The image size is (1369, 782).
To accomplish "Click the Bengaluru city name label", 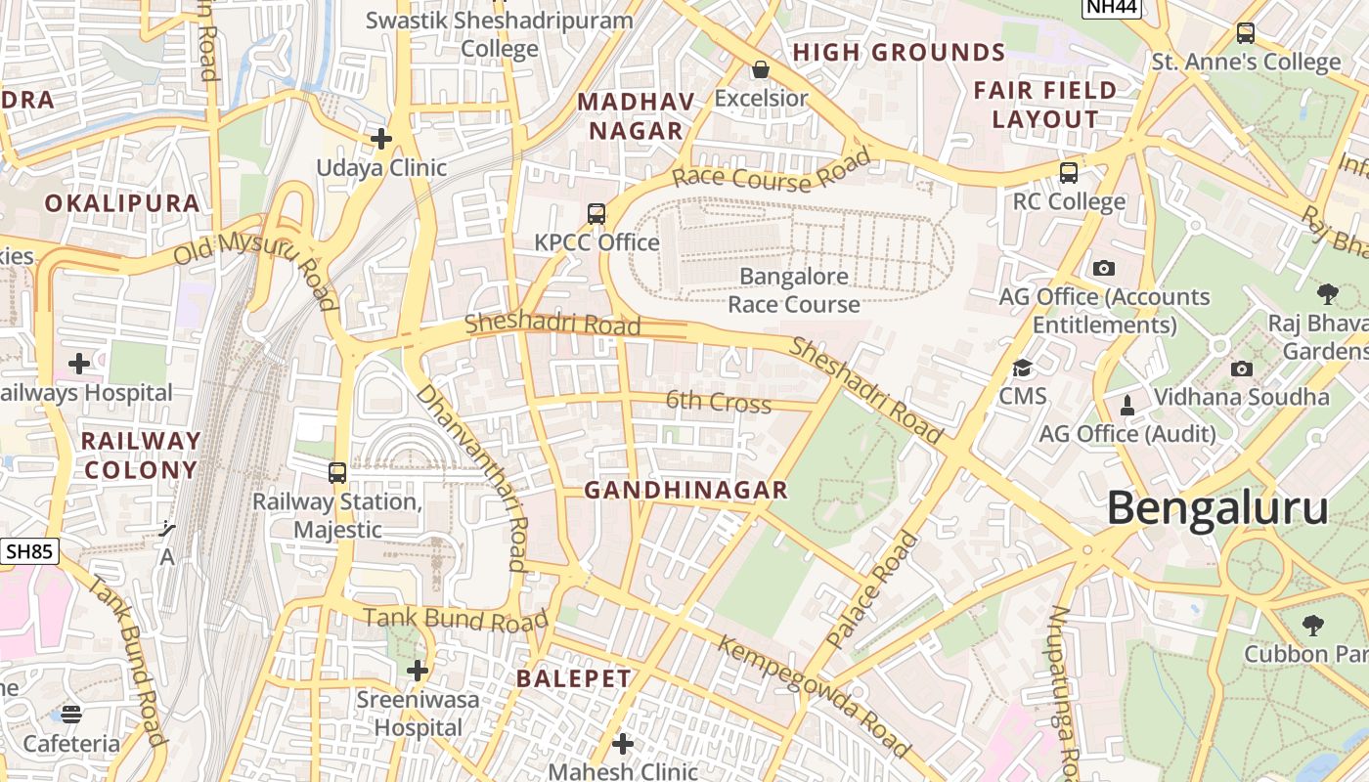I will (x=1217, y=509).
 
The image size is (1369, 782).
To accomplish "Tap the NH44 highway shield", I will (x=1111, y=7).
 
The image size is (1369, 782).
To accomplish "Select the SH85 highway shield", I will (x=28, y=551).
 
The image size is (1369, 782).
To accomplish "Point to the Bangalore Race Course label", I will (x=794, y=290).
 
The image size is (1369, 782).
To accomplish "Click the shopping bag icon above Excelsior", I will (x=760, y=69).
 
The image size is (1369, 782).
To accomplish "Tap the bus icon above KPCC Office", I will (x=596, y=214).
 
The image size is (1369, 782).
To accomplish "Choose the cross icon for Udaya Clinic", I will (x=381, y=139).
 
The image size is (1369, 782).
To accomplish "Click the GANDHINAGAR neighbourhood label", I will (x=685, y=491).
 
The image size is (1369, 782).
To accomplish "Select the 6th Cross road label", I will (x=719, y=401).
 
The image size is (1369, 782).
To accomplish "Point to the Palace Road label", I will (x=873, y=590).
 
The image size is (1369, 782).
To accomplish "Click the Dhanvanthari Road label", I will (x=473, y=476).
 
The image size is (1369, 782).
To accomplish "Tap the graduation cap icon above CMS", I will (x=1022, y=369).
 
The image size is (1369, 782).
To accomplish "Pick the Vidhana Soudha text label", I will (x=1241, y=397).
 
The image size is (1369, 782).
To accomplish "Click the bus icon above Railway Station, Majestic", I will (x=337, y=473).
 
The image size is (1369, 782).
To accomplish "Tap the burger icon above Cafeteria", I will (x=71, y=714).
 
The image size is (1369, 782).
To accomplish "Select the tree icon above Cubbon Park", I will (x=1312, y=625).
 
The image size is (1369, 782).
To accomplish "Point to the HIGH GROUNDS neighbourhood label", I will (x=899, y=53).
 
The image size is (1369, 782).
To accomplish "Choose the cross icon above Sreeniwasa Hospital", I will (x=418, y=671).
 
